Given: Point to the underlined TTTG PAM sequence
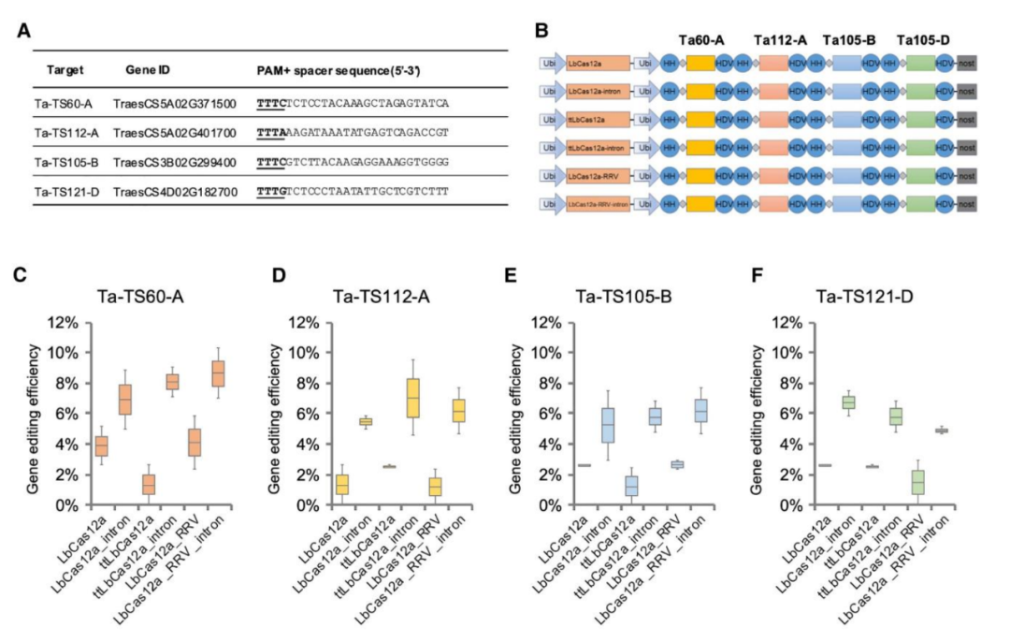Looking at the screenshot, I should pos(271,191).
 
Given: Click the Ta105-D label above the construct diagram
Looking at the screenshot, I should pos(921,40).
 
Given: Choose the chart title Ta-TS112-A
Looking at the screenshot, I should pos(380,298).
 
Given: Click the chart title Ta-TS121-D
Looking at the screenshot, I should pos(861,298).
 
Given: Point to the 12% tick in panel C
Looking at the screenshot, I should pos(65,323).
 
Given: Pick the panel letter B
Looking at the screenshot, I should pos(541,29).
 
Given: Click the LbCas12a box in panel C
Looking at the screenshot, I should pos(102,445).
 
